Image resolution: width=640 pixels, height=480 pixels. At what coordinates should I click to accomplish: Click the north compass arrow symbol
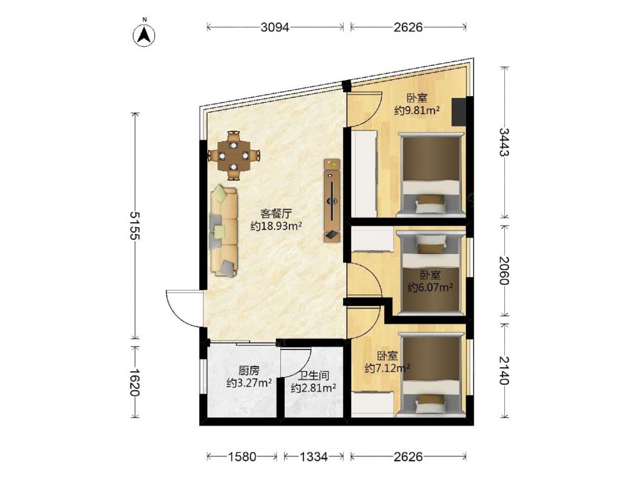click(x=144, y=35)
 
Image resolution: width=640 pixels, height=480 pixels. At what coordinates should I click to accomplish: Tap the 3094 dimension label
click(x=275, y=28)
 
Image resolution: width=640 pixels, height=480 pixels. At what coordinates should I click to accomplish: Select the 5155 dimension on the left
click(x=134, y=225)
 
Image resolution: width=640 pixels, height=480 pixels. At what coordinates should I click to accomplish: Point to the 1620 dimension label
click(x=134, y=383)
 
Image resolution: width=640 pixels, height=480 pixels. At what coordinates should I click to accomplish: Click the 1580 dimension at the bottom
click(x=242, y=456)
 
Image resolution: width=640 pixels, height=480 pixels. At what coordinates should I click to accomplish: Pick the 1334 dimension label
click(x=314, y=456)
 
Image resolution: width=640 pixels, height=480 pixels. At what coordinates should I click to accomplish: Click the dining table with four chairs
click(x=234, y=156)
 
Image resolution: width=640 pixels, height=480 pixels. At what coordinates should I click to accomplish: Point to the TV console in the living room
click(x=332, y=200)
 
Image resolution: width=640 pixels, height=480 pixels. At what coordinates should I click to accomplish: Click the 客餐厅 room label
click(x=276, y=213)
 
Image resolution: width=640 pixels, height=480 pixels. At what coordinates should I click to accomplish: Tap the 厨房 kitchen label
click(x=249, y=370)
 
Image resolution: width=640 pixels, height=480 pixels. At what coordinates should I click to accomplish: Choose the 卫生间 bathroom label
click(x=314, y=375)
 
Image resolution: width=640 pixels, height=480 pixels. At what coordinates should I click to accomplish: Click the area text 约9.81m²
click(x=417, y=110)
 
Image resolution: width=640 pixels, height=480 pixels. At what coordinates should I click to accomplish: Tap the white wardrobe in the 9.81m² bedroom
click(x=365, y=174)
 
